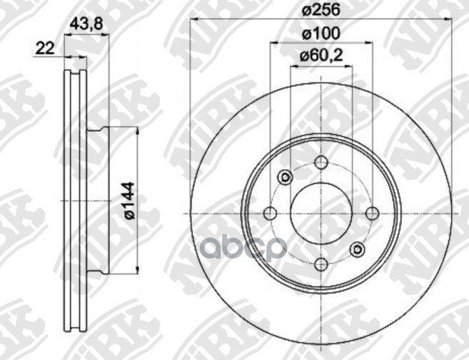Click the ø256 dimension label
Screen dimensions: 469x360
pyautogui.click(x=321, y=11)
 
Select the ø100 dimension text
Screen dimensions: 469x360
pyautogui.click(x=321, y=34)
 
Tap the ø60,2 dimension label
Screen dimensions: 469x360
pyautogui.click(x=321, y=56)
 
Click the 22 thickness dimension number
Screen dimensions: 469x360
pyautogui.click(x=45, y=49)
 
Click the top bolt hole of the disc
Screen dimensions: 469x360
pyautogui.click(x=321, y=162)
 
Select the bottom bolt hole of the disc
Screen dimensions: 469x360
pyautogui.click(x=321, y=264)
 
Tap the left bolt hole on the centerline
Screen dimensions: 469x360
pyautogui.click(x=270, y=214)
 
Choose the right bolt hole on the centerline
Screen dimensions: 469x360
pyautogui.click(x=372, y=214)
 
